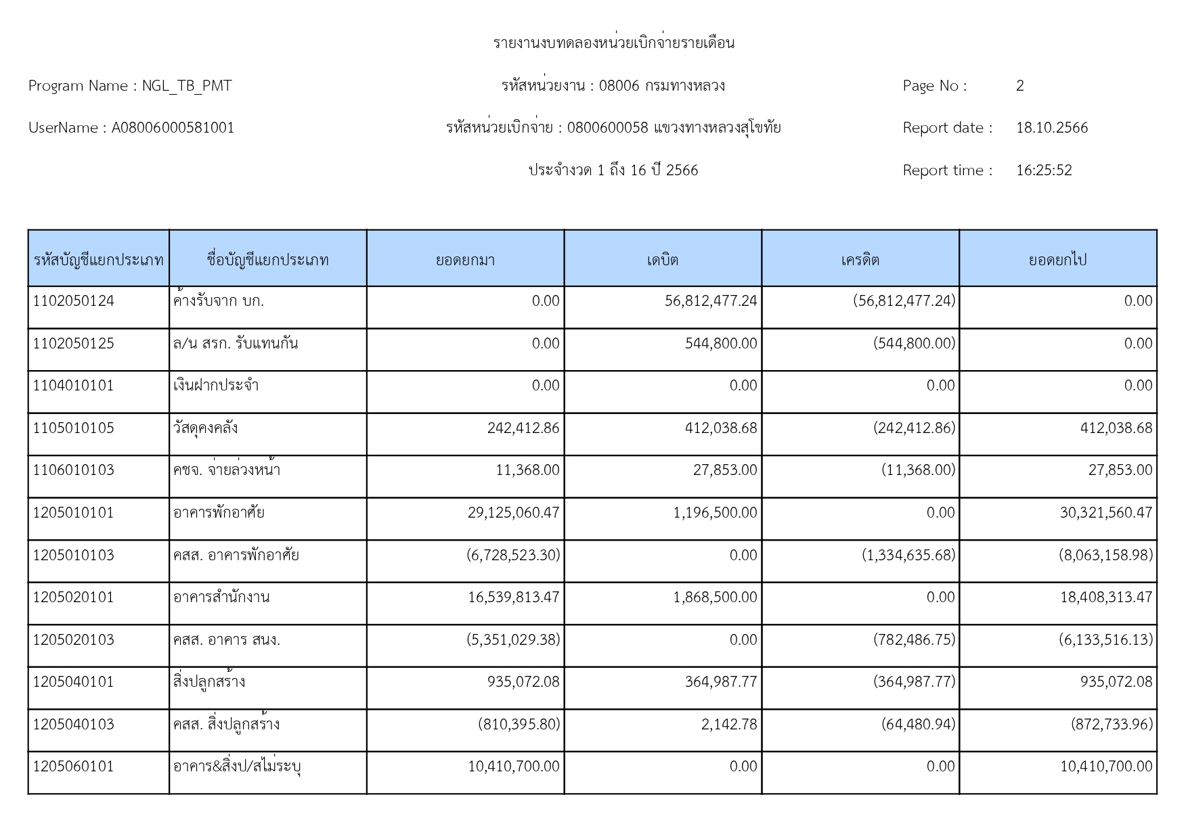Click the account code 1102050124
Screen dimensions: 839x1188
coord(74,301)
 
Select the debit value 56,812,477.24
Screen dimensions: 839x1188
coord(711,301)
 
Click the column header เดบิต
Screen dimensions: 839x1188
coord(662,260)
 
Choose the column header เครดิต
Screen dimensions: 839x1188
coord(860,260)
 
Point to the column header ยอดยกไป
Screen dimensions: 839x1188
coord(1057,260)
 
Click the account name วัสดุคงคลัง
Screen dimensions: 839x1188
coord(205,428)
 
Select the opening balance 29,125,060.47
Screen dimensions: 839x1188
coord(513,513)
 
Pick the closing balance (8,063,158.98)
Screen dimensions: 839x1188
coord(1105,555)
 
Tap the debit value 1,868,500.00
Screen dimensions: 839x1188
coord(715,597)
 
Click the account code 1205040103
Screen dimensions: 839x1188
coord(74,725)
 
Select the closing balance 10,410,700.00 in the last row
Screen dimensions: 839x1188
coord(1105,767)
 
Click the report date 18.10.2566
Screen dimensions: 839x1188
coord(1051,128)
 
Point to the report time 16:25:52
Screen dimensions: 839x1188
coord(1044,171)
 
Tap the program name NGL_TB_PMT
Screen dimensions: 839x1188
coord(186,86)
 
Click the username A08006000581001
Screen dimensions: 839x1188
coord(173,128)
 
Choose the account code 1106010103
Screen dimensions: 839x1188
coord(74,470)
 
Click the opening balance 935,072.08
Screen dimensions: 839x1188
coord(523,682)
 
